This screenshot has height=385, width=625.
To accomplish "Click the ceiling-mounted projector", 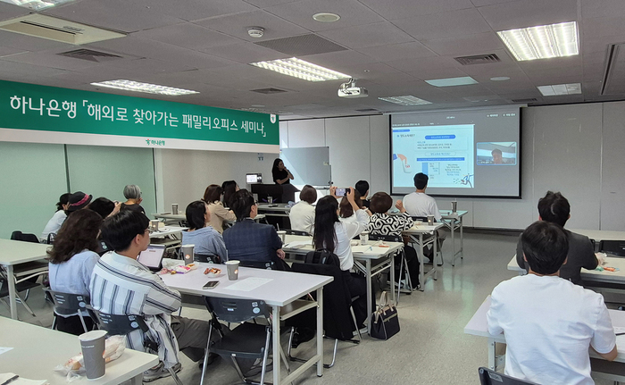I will click(x=352, y=89).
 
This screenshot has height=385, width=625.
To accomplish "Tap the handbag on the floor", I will click(x=385, y=322).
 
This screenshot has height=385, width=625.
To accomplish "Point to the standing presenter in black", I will click(x=281, y=177).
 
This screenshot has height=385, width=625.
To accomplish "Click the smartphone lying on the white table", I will click(x=211, y=284).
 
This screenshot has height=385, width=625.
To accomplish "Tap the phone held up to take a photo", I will click(x=339, y=191).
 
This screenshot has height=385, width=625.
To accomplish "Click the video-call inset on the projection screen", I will click(x=496, y=154).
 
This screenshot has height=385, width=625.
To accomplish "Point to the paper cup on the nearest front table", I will click(x=93, y=353).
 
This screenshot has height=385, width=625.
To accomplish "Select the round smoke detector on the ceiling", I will click(x=256, y=32).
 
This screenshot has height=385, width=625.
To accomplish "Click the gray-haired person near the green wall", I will click(x=132, y=198).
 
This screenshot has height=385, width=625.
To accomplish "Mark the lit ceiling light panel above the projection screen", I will click(x=538, y=41).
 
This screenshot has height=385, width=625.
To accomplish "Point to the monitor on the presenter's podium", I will click(x=254, y=179).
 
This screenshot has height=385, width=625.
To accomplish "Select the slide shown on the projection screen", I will click(x=433, y=155).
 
